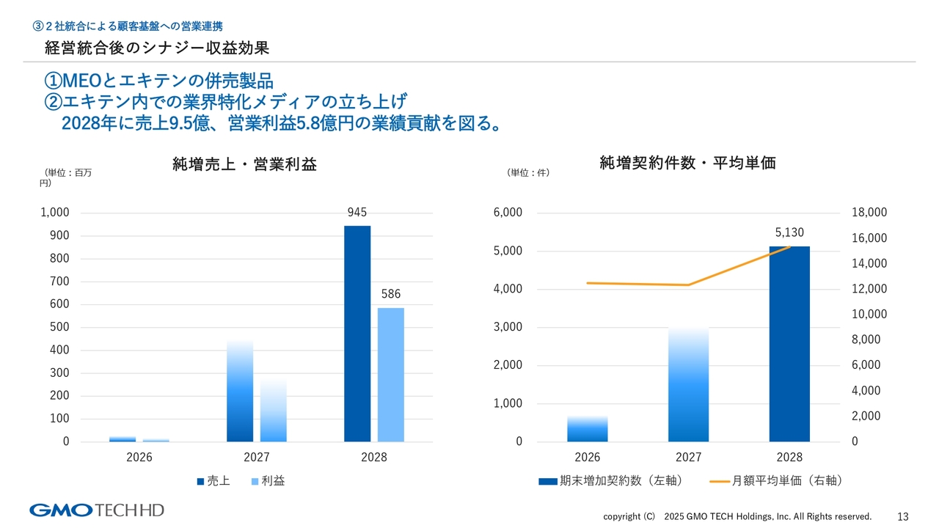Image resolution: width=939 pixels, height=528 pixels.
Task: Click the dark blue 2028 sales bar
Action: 357,334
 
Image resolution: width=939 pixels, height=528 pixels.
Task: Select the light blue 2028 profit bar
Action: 391,375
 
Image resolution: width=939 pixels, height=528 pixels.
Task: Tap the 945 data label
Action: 357,213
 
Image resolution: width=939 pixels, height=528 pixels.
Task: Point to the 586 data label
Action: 391,294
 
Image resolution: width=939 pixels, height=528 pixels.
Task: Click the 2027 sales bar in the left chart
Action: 240,391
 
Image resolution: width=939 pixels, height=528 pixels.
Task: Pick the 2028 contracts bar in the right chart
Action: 789,344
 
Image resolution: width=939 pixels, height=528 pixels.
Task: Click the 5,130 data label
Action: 789,232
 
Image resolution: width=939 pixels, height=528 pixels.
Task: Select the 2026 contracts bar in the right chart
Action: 587,429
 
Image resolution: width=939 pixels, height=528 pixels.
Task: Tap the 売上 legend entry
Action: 213,481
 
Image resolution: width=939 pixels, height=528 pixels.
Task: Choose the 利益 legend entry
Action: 268,481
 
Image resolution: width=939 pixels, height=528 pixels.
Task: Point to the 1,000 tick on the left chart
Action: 55,213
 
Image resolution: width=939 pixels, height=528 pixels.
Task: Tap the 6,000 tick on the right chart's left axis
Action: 508,213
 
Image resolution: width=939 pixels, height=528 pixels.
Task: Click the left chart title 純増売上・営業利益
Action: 244,164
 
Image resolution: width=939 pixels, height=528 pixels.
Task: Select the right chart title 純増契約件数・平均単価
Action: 687,164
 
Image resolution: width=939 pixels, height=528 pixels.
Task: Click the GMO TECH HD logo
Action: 96,510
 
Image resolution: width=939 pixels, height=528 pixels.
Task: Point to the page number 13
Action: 903,516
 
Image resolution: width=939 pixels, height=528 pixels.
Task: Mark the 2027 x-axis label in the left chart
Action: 257,458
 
